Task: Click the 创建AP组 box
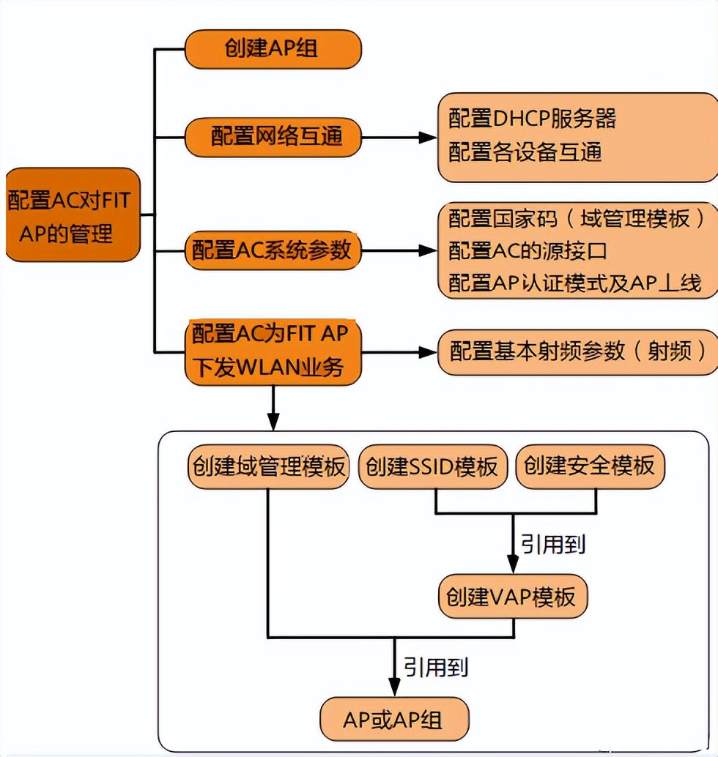pos(273,50)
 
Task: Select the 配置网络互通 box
pos(273,136)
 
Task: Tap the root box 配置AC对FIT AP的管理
pos(72,216)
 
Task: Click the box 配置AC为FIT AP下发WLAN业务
pos(273,351)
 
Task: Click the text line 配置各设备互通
pos(525,152)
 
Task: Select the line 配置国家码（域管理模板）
pos(578,218)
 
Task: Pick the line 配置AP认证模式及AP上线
pos(575,283)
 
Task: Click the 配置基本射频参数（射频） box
pos(578,351)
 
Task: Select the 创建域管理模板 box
pos(269,466)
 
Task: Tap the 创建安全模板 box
pos(590,466)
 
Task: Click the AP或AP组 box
pos(393,719)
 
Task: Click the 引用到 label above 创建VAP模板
pos(553,544)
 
